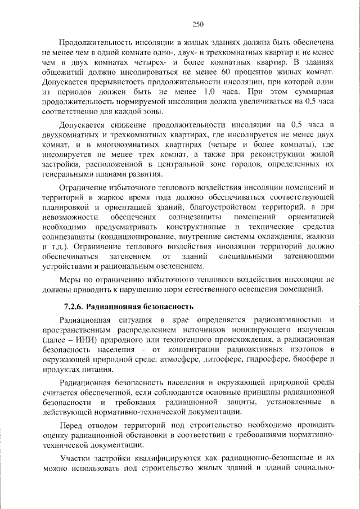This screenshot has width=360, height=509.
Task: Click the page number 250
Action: pos(197,24)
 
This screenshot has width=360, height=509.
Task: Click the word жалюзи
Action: pos(321,238)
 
